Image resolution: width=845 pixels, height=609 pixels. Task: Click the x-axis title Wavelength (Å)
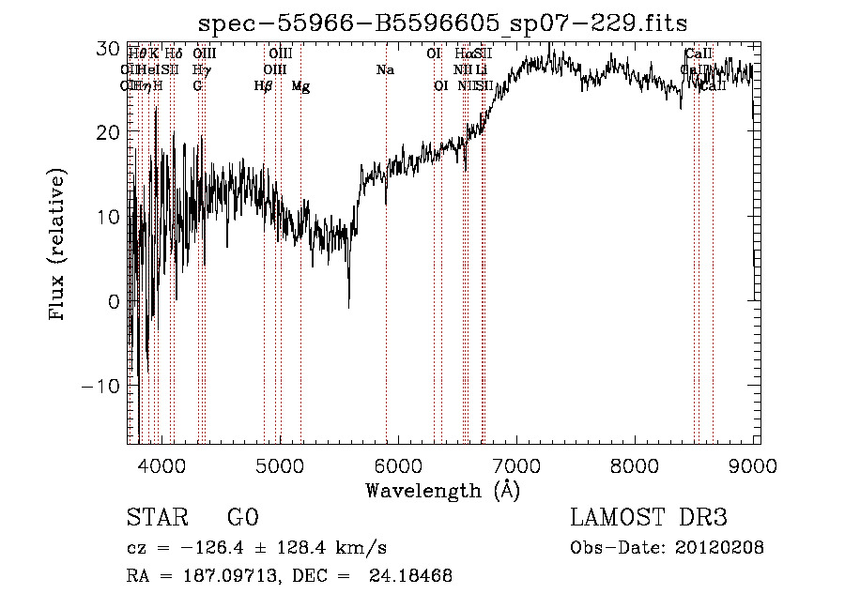[442, 490]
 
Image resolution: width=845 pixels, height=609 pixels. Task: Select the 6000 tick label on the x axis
[397, 465]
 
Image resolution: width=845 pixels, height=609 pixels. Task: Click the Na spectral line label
[385, 69]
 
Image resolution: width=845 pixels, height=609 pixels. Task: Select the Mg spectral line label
[300, 86]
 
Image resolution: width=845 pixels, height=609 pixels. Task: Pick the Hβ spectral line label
[264, 86]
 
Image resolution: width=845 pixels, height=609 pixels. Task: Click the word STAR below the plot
[157, 518]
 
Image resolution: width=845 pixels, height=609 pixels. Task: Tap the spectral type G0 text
[242, 518]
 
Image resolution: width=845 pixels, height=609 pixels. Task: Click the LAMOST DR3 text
[649, 518]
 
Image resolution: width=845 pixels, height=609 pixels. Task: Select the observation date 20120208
[718, 548]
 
